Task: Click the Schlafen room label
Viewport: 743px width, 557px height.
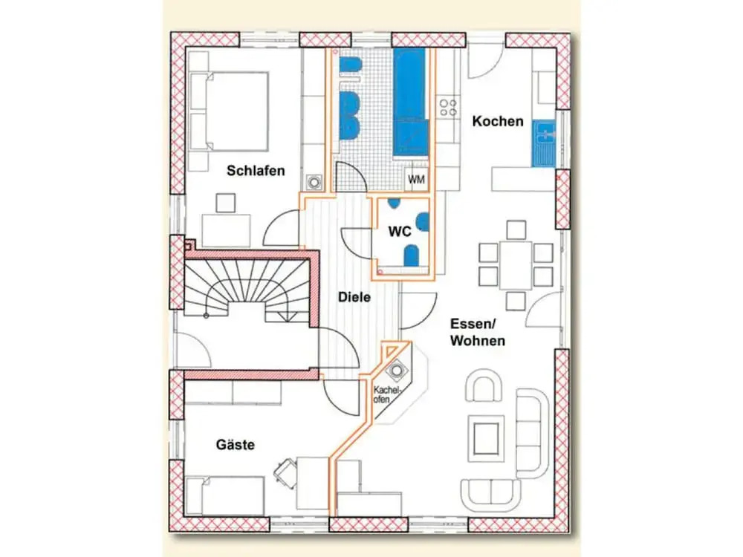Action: click(x=256, y=171)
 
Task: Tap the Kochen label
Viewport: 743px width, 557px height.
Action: click(x=498, y=121)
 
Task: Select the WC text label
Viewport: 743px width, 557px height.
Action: click(x=400, y=232)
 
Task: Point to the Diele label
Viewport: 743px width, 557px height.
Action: click(x=354, y=298)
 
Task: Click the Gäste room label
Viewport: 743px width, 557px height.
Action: click(x=235, y=445)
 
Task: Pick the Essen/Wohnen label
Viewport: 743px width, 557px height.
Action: click(x=477, y=332)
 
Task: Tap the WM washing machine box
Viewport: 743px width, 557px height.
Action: click(x=416, y=180)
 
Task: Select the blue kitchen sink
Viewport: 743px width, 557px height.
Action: click(x=543, y=143)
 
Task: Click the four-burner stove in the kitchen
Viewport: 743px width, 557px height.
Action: click(x=448, y=108)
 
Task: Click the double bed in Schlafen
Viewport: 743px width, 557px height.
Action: click(x=229, y=112)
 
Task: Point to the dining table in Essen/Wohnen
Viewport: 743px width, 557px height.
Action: click(x=516, y=265)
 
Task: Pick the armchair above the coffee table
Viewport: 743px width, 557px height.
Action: click(x=484, y=385)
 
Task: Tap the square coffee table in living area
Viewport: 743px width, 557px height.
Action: click(x=486, y=438)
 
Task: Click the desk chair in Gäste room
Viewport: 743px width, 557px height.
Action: click(x=286, y=471)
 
